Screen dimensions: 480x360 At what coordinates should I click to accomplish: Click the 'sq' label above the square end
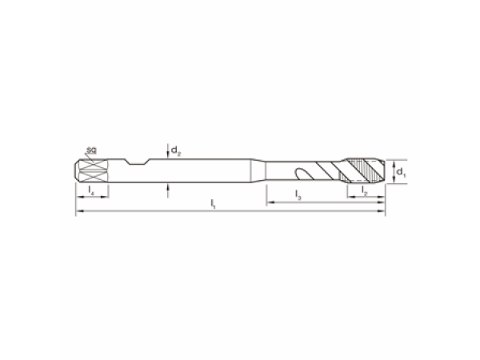click(x=91, y=150)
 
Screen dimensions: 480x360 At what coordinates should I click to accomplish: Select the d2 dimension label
click(x=176, y=150)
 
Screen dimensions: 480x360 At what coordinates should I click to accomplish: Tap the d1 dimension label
click(x=401, y=172)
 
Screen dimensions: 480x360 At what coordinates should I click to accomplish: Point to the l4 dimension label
click(x=91, y=190)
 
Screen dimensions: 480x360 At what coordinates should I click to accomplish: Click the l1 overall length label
click(x=213, y=203)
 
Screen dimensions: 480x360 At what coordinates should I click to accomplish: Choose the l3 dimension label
click(x=298, y=195)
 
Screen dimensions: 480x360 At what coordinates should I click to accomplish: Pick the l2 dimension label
click(x=364, y=190)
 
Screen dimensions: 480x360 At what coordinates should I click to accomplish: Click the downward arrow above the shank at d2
click(x=168, y=151)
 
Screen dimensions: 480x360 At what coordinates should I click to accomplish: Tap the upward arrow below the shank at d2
click(x=168, y=190)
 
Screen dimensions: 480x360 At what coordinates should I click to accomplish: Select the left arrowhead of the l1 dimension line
click(x=79, y=210)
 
